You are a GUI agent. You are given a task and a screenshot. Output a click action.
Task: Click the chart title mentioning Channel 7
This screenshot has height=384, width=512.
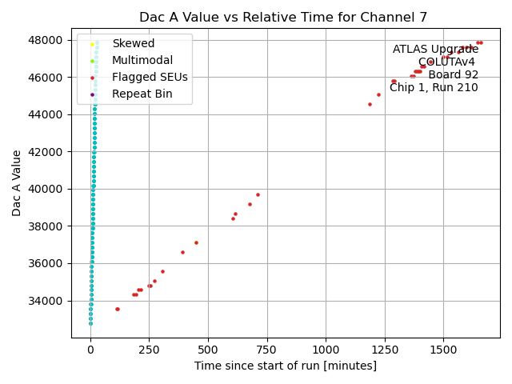point(283,17)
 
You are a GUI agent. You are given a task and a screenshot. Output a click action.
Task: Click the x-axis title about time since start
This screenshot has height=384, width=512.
point(285,366)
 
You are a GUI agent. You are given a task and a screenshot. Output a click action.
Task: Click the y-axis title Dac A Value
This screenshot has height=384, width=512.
point(17,183)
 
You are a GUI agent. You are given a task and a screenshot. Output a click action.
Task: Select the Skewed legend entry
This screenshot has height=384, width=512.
point(134,43)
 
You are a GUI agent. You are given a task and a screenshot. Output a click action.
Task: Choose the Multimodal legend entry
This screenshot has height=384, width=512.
point(137,60)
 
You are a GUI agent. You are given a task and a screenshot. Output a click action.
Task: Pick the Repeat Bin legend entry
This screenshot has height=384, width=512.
point(141,94)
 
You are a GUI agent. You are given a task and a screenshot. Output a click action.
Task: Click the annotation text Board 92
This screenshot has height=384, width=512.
point(453,75)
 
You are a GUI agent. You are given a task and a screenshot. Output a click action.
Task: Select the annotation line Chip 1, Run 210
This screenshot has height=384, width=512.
point(434,88)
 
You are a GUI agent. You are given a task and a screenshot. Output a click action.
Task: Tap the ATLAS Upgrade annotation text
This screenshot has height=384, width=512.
point(435,50)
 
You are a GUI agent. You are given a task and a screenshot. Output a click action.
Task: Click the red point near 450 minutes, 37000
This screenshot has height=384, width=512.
point(196,242)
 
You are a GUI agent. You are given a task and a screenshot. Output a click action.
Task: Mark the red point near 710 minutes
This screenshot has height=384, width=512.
point(258,194)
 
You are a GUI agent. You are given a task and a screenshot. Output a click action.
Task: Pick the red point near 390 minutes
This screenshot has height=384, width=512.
point(182,252)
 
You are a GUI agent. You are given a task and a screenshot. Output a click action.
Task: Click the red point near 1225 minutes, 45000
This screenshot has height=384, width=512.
point(378,94)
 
